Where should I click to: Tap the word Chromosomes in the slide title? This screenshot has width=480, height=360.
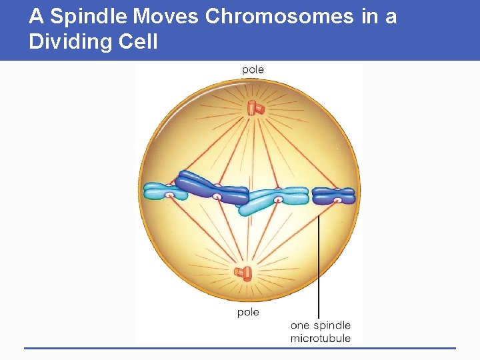click(279, 16)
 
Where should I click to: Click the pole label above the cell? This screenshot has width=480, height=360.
click(253, 70)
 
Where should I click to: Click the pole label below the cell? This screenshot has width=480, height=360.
click(248, 312)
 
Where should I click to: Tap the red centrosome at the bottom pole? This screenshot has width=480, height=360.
click(243, 273)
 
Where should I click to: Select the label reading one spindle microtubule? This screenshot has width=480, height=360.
click(320, 332)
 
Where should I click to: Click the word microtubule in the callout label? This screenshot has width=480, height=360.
click(320, 339)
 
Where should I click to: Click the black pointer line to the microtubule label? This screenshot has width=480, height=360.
click(319, 267)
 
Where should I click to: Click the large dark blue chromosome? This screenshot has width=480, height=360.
click(210, 188)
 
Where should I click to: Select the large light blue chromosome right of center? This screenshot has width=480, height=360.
click(273, 199)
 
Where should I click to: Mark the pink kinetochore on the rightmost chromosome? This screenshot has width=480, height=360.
click(338, 199)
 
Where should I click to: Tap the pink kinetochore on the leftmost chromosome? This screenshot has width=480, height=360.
click(170, 195)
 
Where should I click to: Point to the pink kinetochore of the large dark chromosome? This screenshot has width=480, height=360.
click(217, 197)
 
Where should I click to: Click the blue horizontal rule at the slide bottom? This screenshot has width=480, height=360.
click(240, 347)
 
